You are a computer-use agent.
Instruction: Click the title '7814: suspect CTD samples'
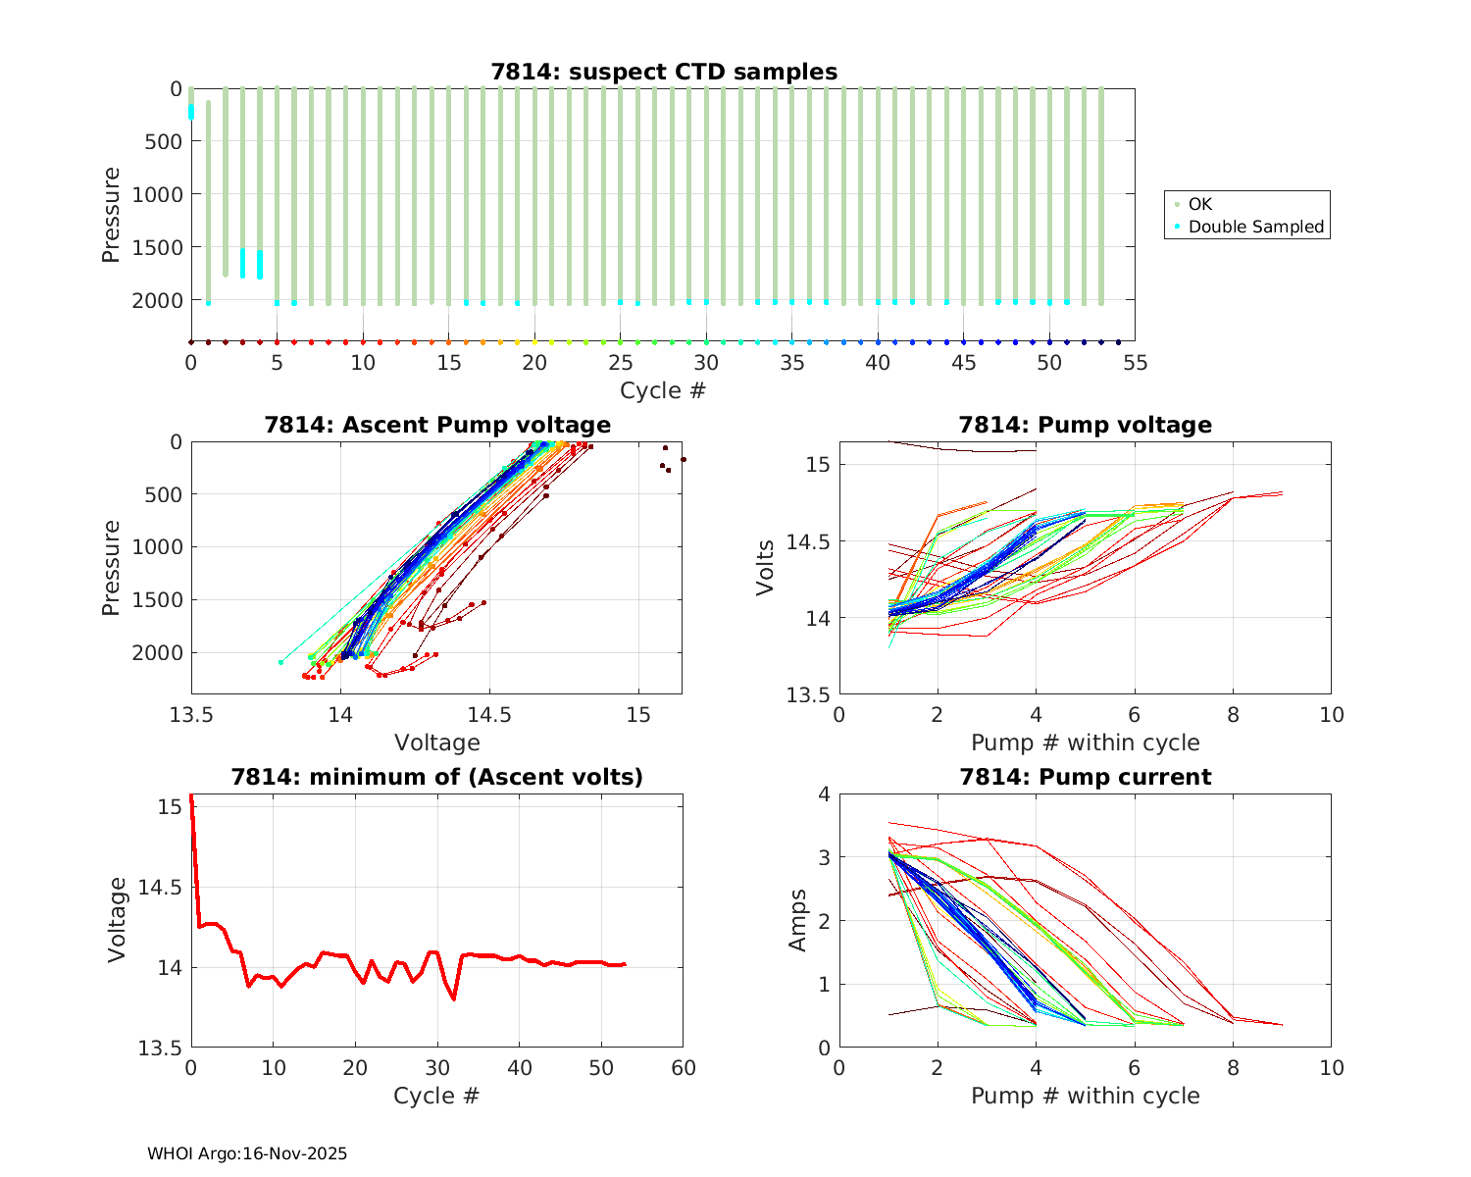click(664, 72)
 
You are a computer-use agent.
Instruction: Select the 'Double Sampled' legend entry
click(1255, 227)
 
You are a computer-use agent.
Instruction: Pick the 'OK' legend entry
click(1199, 204)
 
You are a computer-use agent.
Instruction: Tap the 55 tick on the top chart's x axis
click(1135, 363)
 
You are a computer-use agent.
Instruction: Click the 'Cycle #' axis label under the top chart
click(663, 390)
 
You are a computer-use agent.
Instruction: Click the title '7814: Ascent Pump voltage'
click(436, 425)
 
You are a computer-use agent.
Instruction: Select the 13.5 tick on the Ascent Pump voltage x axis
click(192, 714)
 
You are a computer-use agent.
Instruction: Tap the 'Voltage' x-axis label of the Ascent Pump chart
click(436, 742)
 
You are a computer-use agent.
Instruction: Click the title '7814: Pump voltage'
click(1085, 425)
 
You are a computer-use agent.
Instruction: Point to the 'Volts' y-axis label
click(766, 568)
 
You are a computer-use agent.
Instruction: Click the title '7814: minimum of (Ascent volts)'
click(436, 777)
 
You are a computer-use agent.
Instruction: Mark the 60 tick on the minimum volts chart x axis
click(683, 1068)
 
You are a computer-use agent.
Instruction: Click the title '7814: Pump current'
click(1085, 777)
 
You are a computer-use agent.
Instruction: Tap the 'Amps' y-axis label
click(799, 920)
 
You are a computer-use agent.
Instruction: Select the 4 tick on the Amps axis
click(823, 794)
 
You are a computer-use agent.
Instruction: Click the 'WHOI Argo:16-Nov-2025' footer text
click(247, 1153)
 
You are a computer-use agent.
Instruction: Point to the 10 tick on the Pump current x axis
click(1331, 1068)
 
